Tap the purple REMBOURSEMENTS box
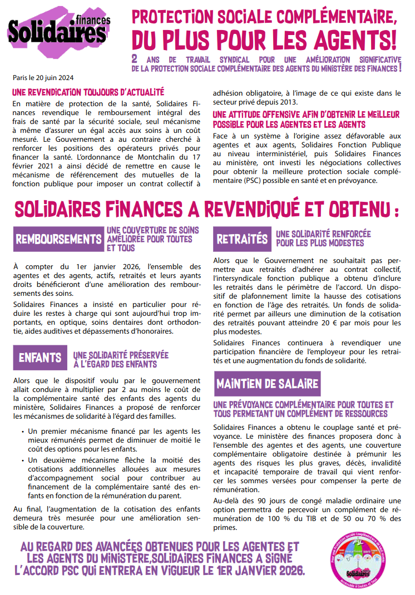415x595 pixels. click(x=58, y=240)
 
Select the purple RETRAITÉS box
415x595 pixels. click(x=242, y=239)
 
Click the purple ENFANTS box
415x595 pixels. click(x=39, y=358)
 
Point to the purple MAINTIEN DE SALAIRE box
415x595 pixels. click(x=267, y=384)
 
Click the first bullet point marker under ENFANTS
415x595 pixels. click(x=22, y=431)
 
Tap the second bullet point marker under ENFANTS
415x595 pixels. click(x=22, y=460)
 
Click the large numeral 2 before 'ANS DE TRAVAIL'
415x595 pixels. click(x=134, y=59)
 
